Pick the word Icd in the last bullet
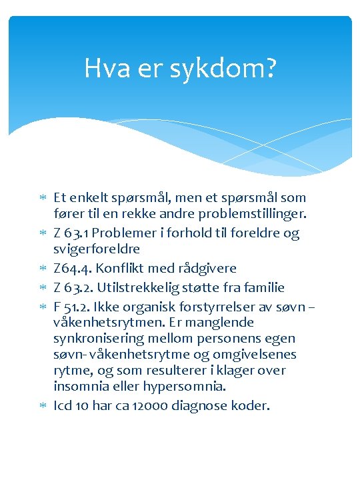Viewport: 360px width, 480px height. pos(62,405)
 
